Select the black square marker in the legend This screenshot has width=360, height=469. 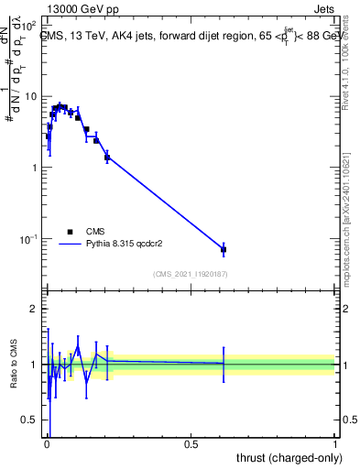pyautogui.click(x=70, y=232)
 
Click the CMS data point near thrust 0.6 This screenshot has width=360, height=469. pyautogui.click(x=224, y=249)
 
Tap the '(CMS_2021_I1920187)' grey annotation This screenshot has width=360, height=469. pyautogui.click(x=191, y=274)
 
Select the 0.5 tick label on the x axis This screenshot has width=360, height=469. pyautogui.click(x=191, y=443)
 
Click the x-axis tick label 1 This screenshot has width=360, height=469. pyautogui.click(x=335, y=443)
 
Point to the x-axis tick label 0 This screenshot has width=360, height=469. pyautogui.click(x=47, y=443)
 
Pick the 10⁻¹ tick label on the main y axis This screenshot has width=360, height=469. pyautogui.click(x=29, y=239)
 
